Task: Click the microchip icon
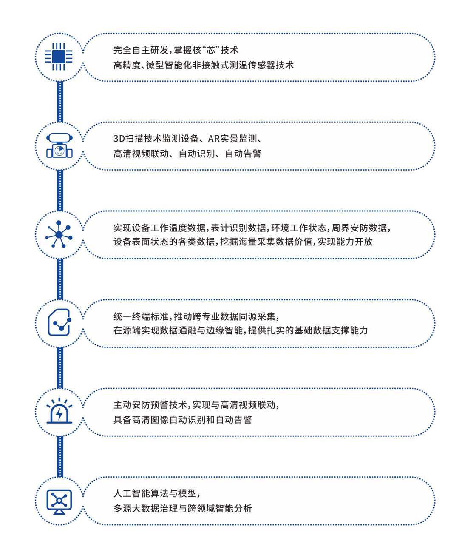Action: (x=59, y=57)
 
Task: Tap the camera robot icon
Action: (x=59, y=146)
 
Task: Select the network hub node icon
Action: (x=59, y=234)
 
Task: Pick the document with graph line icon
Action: (x=59, y=323)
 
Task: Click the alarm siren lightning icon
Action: (x=59, y=411)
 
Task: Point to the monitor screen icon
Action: (x=59, y=501)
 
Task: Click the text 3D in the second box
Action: (x=119, y=139)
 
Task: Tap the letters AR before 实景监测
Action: (x=214, y=139)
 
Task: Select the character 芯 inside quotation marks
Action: (x=211, y=50)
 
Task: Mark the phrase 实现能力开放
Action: (x=345, y=242)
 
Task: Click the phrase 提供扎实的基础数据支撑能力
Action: (x=308, y=330)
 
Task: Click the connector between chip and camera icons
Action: (x=60, y=102)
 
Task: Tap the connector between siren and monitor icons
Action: (x=60, y=456)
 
